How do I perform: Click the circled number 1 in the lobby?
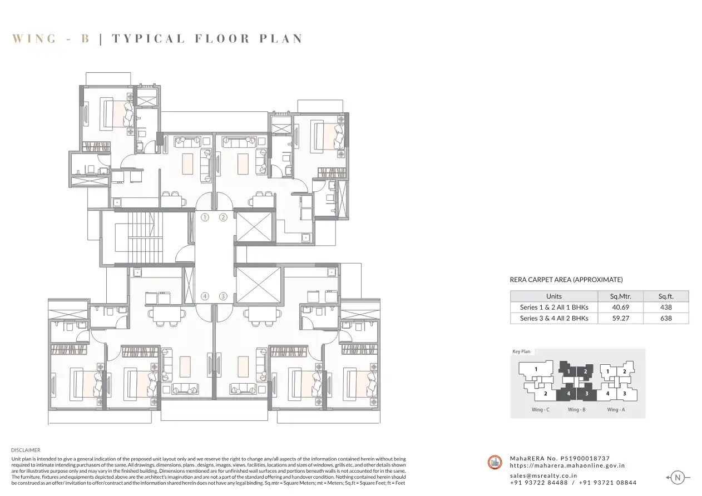205,217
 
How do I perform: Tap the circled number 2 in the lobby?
223,217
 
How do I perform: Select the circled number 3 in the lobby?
223,296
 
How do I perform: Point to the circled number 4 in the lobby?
205,296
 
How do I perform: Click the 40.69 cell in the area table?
621,307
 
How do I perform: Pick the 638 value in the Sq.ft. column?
666,319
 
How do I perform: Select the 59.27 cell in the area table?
621,319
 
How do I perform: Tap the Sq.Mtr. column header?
621,296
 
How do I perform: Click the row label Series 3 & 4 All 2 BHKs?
554,319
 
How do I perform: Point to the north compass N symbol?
678,478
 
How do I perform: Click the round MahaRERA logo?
495,463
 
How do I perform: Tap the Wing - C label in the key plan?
540,409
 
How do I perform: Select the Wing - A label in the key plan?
616,409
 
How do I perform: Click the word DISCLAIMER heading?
26,450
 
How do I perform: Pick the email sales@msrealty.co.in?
543,475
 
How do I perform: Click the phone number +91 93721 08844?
607,483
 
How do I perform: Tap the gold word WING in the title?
34,38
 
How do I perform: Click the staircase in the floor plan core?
142,237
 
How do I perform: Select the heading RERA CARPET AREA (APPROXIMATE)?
566,280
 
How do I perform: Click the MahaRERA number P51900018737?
585,458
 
